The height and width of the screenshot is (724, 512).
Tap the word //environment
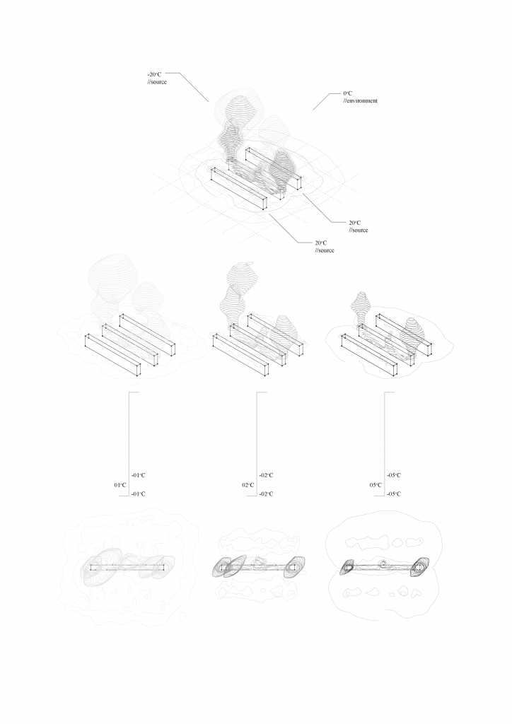point(360,101)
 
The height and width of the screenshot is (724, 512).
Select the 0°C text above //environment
point(347,93)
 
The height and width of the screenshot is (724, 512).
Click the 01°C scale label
point(120,485)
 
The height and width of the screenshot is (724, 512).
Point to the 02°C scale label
point(248,485)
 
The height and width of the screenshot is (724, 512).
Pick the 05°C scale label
point(375,485)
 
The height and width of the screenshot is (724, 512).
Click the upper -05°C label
point(395,476)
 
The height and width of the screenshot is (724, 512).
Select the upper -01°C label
point(139,476)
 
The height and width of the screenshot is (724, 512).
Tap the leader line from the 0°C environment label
point(321,101)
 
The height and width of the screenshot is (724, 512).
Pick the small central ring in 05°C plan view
point(383,564)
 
